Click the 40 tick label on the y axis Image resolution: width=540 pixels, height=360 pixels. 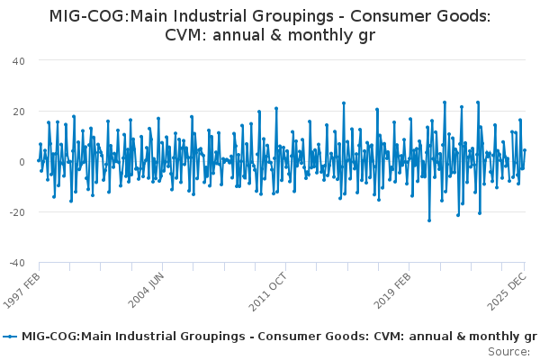[x=18, y=60]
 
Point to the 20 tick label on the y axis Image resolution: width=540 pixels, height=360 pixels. [x=18, y=111]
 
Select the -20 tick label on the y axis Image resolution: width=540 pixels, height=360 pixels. [x=16, y=212]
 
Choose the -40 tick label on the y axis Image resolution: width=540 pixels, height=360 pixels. [x=16, y=263]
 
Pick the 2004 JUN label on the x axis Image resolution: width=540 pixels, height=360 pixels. [x=148, y=289]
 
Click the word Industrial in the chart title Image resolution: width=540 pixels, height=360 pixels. [x=189, y=15]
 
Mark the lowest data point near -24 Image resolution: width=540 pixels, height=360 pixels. [x=429, y=220]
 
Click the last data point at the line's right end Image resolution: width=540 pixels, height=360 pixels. [x=525, y=150]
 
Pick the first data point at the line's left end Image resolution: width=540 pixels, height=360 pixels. [x=39, y=160]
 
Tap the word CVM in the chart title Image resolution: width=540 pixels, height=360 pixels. [x=185, y=35]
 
